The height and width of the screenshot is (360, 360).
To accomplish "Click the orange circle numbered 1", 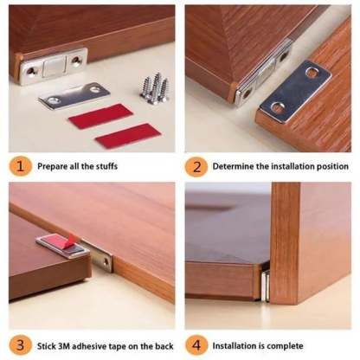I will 22,164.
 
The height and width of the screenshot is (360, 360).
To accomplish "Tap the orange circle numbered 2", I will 196,164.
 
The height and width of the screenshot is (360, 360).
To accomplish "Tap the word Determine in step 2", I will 237,165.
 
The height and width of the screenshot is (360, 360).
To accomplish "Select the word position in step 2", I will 332,165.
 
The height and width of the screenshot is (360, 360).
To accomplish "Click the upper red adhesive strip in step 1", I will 100,115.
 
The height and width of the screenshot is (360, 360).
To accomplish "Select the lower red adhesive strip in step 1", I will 127,136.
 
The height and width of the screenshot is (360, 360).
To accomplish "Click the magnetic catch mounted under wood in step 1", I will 54,65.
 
